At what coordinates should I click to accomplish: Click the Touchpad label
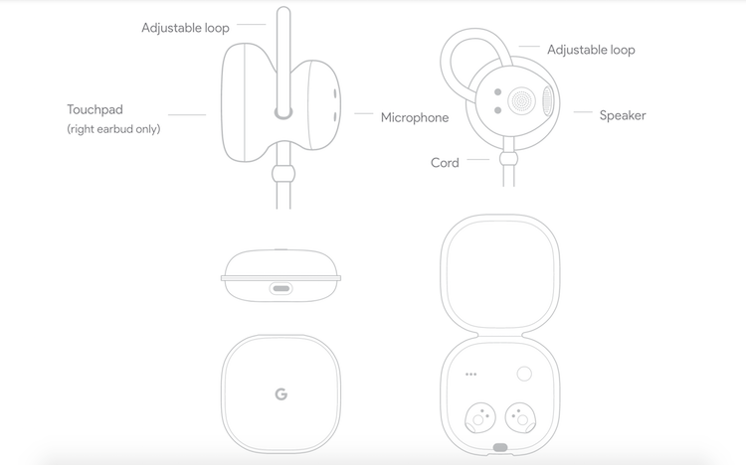tap(95, 110)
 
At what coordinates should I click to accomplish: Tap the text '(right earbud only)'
tap(113, 129)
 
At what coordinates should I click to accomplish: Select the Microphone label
tap(415, 117)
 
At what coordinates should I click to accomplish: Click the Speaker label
tap(623, 115)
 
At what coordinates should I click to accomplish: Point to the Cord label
tap(445, 163)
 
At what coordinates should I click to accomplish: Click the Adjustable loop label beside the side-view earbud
tap(186, 28)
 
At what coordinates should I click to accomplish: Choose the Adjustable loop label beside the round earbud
tap(591, 50)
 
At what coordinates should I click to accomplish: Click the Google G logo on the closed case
tap(281, 394)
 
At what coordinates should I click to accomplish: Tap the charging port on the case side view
tap(281, 288)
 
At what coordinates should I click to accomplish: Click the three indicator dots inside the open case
tap(471, 375)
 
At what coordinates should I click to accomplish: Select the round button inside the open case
tap(524, 374)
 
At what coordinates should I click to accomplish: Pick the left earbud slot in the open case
tap(480, 418)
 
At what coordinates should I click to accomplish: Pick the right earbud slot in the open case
tap(520, 418)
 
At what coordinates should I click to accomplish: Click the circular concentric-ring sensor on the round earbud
tap(522, 100)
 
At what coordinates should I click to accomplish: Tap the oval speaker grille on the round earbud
tap(548, 100)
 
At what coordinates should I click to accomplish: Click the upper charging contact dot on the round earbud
tap(497, 91)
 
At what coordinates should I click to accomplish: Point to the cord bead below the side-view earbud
tap(283, 174)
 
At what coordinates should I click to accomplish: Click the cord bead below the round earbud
tap(508, 158)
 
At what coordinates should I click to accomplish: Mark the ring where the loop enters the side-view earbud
tap(283, 112)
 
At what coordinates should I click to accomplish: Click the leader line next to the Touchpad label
tap(187, 114)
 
